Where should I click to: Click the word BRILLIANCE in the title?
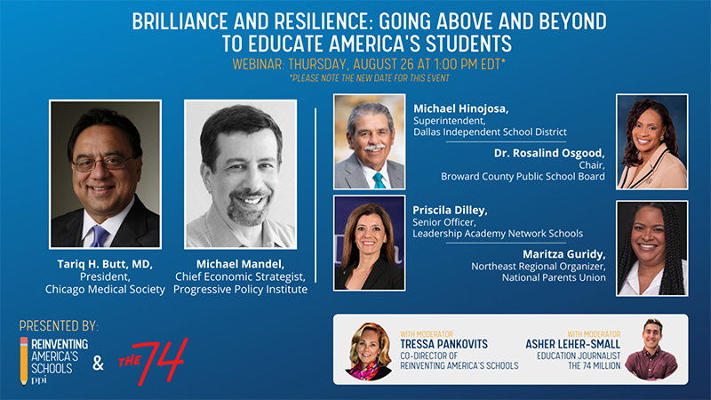tap(180, 21)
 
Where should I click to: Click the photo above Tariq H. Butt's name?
tap(105, 174)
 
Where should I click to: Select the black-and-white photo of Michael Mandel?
tap(240, 174)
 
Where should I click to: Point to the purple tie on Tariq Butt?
tap(99, 236)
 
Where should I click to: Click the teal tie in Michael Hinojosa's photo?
tap(379, 180)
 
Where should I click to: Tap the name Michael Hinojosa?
tap(460, 108)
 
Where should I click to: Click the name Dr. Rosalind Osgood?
tap(549, 153)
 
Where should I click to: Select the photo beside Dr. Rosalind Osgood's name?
tap(652, 141)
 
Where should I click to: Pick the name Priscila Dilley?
tap(450, 210)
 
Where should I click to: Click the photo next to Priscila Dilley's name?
tap(370, 243)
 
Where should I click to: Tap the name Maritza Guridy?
tap(564, 254)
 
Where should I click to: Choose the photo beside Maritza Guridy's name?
tap(652, 249)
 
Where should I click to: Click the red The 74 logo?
tap(153, 361)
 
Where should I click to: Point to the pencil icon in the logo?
tap(24, 361)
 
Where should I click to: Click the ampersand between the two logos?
tap(98, 363)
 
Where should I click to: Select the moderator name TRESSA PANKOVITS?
tap(443, 344)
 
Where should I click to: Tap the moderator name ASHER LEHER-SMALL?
tap(572, 344)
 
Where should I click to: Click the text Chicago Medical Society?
tap(105, 289)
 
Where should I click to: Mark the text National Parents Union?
tap(554, 277)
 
